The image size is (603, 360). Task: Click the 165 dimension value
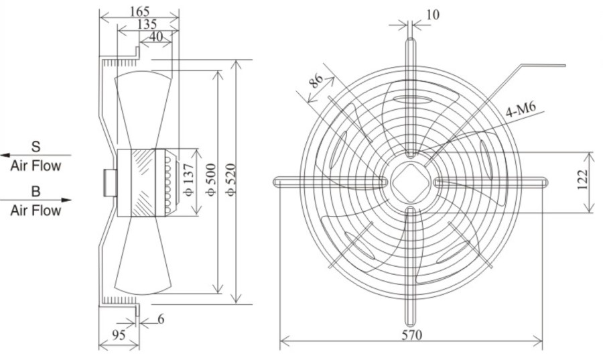(139, 11)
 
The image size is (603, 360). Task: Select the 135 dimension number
(147, 24)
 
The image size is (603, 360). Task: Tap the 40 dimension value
(155, 37)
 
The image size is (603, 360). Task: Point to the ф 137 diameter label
(189, 180)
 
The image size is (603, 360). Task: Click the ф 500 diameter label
(211, 180)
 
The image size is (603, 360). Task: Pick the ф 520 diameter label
(230, 180)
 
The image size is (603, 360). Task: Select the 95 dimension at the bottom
(119, 335)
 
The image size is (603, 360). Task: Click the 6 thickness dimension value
(161, 319)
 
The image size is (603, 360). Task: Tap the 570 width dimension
(412, 335)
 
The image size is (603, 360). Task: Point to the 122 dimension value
(583, 180)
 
